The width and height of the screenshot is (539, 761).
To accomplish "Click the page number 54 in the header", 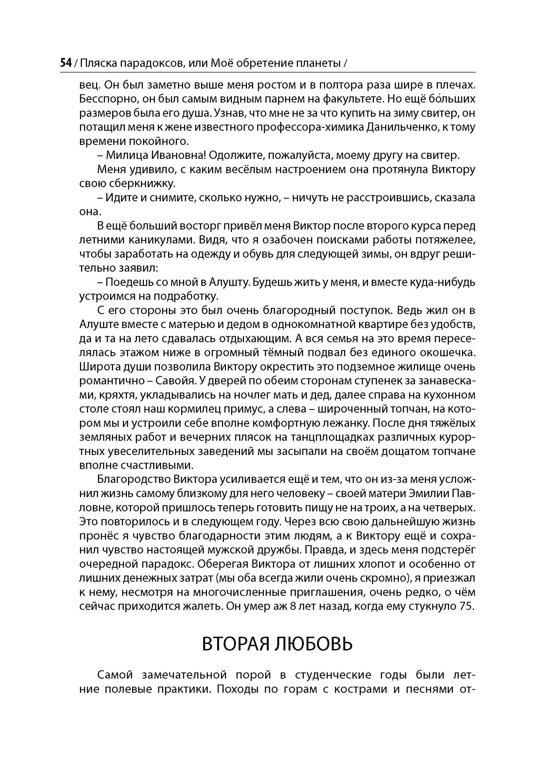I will pos(66,63).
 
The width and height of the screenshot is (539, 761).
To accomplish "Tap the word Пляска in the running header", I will pos(98,63).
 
